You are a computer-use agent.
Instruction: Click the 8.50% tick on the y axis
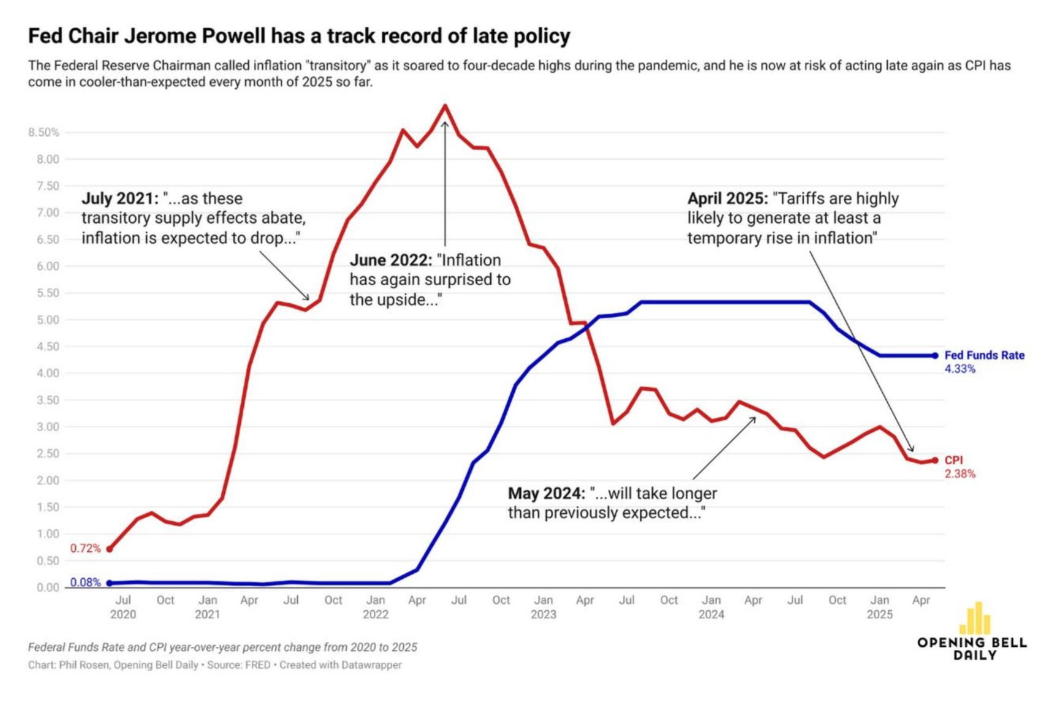43,132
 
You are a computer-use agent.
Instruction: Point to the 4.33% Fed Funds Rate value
960,369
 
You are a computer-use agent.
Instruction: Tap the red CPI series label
953,460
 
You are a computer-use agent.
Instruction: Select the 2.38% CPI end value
960,473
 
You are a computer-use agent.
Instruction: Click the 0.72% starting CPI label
85,548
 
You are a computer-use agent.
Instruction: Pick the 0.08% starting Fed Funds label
85,582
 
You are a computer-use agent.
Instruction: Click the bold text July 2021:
119,198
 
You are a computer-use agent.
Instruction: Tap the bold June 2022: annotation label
390,260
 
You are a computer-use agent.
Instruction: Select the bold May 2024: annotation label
546,493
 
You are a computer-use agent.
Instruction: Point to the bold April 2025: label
727,198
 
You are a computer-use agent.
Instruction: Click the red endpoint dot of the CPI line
935,460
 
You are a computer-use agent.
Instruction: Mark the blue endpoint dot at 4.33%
935,355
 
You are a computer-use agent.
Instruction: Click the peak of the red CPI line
445,106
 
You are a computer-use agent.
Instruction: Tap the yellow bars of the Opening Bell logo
975,619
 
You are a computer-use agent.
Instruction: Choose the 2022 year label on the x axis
375,614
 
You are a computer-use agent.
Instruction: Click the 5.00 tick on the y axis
48,320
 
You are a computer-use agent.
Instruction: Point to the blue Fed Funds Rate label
984,355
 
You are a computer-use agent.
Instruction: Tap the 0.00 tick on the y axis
48,587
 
